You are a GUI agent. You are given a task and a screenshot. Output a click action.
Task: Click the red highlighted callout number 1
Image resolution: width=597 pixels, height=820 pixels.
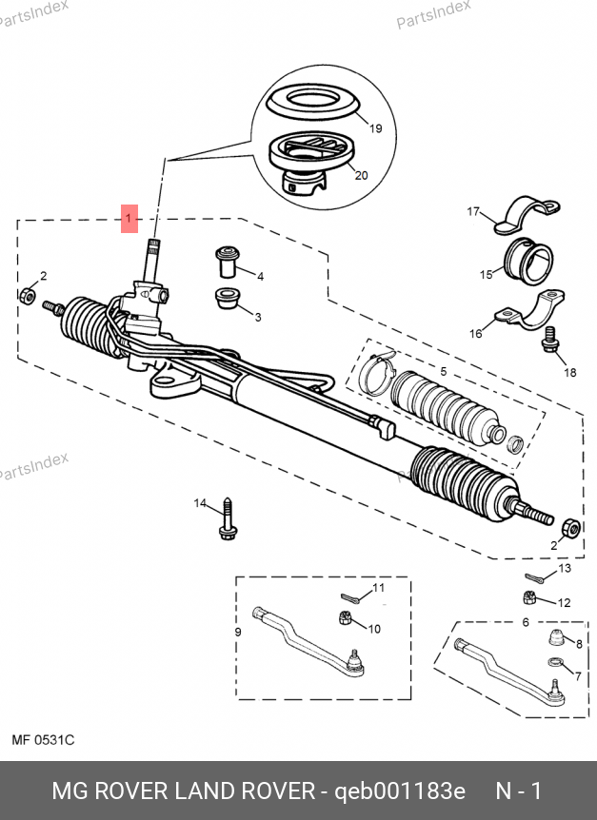129,219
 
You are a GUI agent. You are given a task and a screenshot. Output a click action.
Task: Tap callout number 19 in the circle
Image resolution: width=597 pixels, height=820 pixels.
374,128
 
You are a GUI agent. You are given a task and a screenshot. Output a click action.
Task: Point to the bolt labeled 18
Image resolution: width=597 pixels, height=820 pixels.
549,341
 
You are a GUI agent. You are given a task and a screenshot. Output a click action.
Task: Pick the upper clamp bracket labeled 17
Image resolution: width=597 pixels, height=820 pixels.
529,214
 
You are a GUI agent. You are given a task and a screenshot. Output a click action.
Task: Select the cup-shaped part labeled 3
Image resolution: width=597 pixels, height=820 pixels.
228,298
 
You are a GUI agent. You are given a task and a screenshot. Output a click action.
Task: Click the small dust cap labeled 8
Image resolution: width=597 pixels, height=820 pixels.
554,638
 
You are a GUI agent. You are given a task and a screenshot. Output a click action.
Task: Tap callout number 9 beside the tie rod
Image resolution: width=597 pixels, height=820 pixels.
238,632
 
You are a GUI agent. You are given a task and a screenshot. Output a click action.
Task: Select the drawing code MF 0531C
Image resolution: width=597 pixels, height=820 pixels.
43,739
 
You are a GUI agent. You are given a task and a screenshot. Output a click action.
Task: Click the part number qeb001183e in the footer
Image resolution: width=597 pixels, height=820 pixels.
397,791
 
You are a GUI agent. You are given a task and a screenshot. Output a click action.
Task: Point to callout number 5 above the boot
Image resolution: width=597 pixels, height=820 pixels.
442,370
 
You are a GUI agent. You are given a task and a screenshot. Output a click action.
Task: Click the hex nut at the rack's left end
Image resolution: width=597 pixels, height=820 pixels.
28,297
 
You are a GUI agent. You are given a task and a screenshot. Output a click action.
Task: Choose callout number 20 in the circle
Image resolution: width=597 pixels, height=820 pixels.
360,175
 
